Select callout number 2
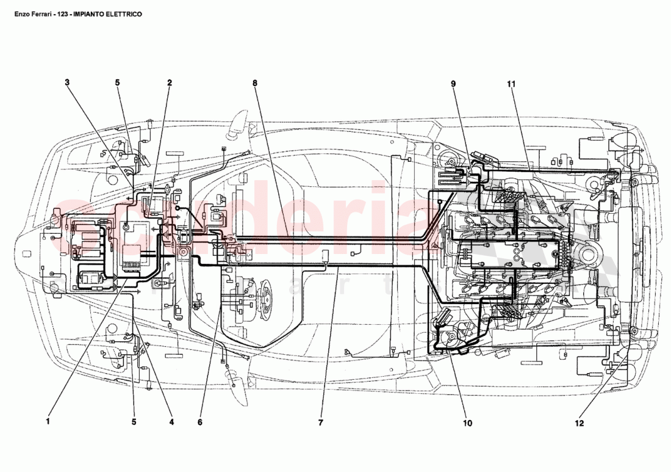click(x=169, y=82)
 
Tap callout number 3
click(x=67, y=82)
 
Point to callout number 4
click(x=171, y=421)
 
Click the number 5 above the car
click(x=118, y=82)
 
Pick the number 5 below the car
click(x=133, y=421)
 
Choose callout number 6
click(x=199, y=421)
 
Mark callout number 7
click(x=320, y=422)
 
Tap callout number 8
click(x=255, y=82)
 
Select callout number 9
click(x=454, y=82)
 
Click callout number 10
click(x=467, y=422)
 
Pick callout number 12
click(x=578, y=422)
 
